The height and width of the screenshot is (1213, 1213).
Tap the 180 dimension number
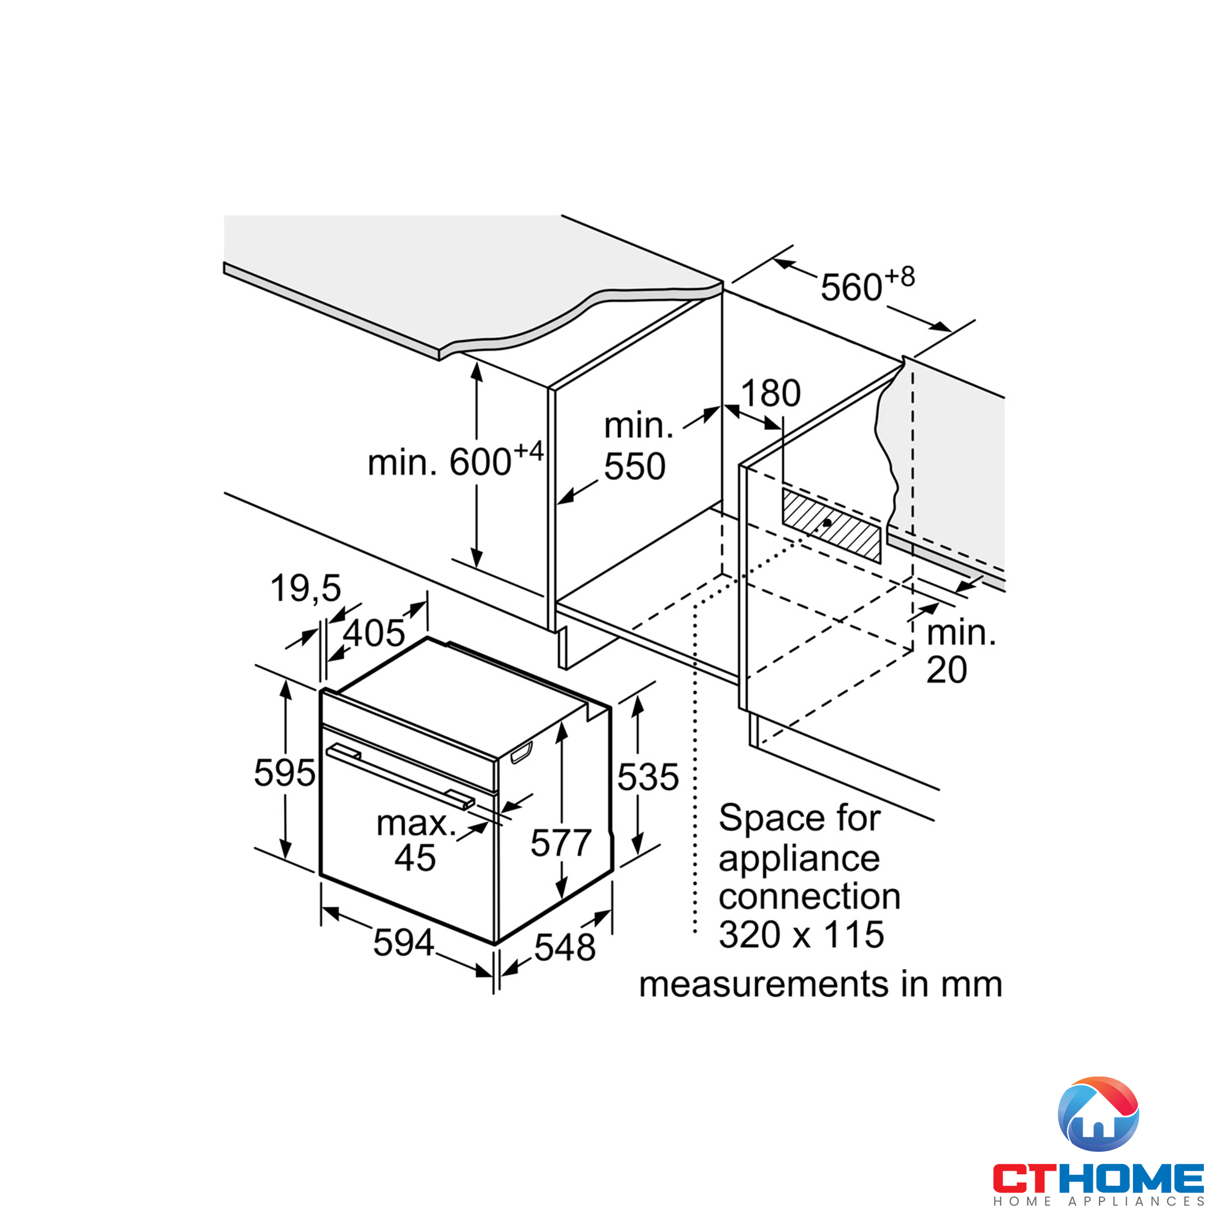770,394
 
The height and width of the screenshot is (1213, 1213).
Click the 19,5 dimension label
305,588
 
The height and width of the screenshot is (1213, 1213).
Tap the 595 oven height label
284,772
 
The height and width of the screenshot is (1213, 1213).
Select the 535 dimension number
647,777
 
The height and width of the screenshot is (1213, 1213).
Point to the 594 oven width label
403,942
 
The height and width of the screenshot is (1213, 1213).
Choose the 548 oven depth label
565,947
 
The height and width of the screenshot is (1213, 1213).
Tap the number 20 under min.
946,670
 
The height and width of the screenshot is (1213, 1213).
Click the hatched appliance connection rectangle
831,525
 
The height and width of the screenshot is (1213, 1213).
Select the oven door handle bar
400,774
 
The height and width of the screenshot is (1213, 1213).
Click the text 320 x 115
801,934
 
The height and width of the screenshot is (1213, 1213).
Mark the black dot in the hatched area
827,522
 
